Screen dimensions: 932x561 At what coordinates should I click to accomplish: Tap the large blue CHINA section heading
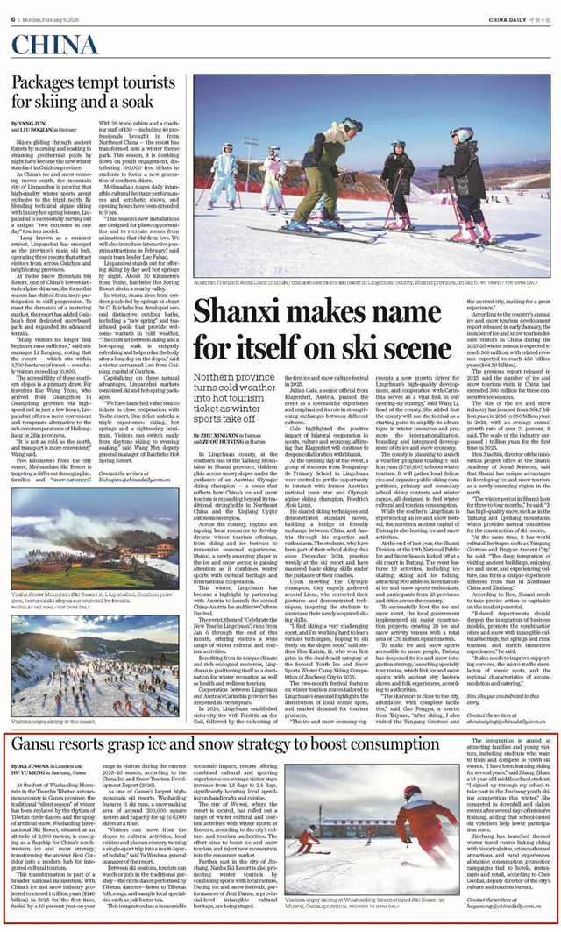(56, 46)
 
